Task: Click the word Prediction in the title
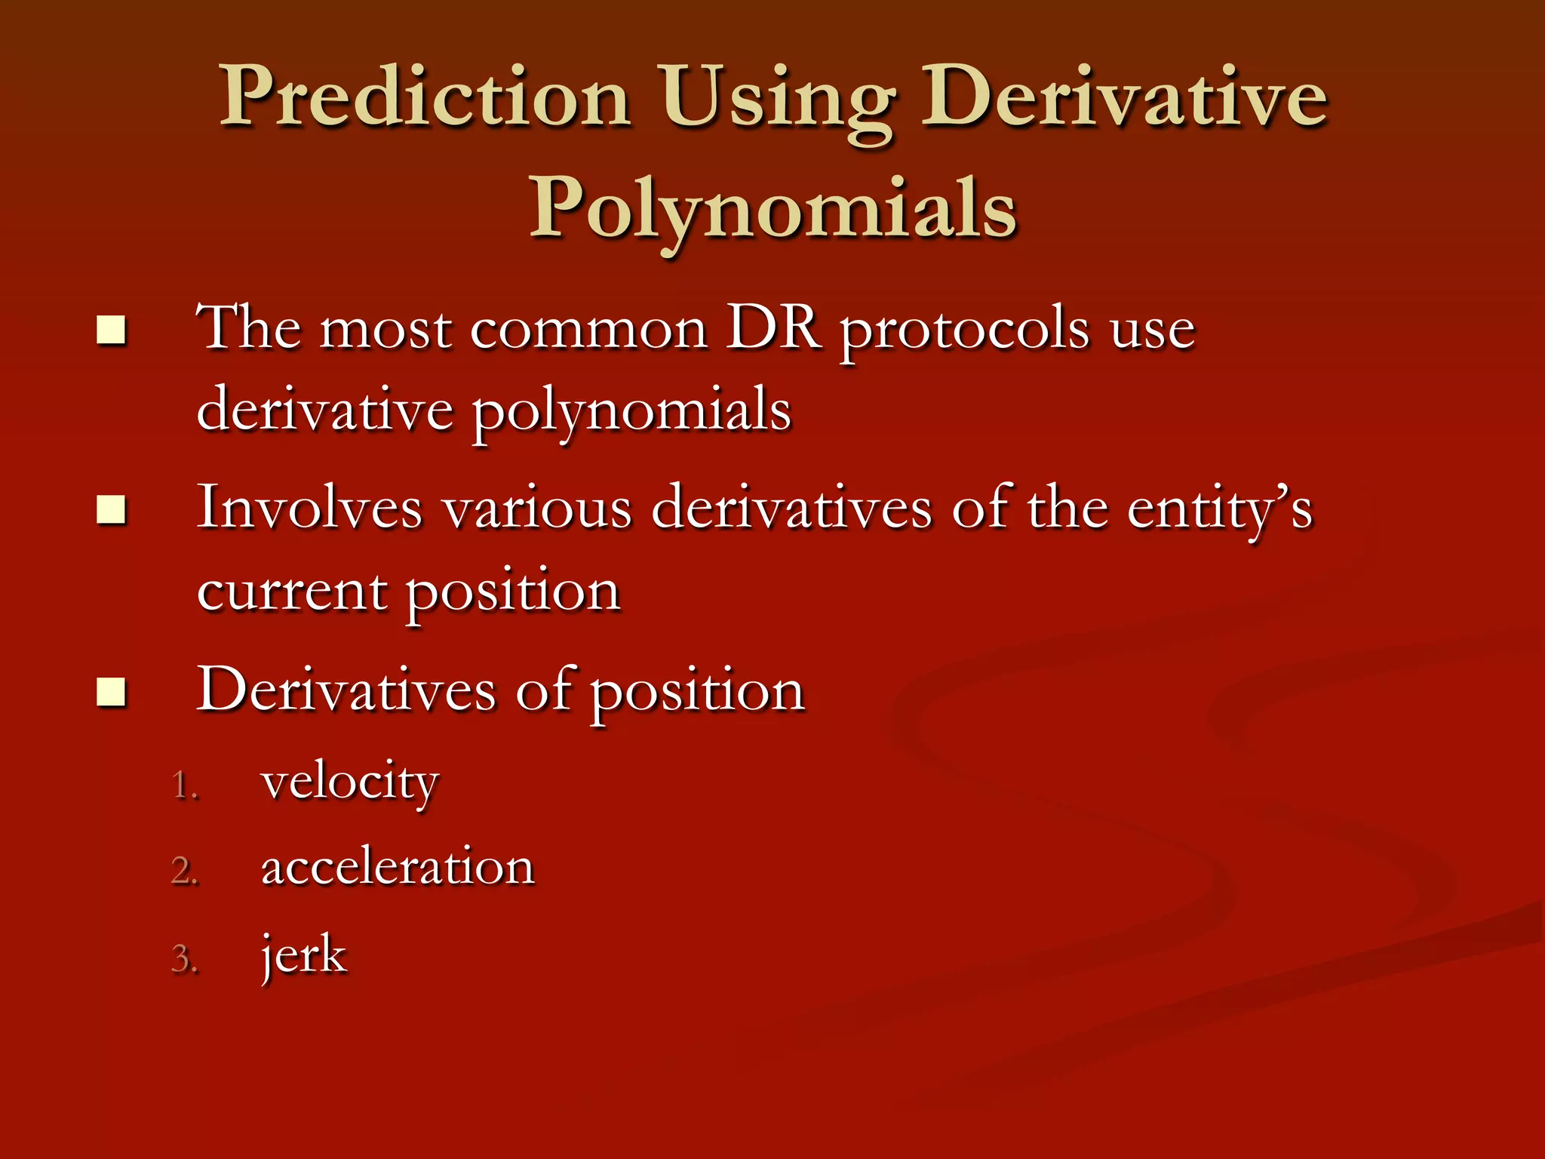(425, 98)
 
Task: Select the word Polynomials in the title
(772, 210)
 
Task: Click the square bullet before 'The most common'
(111, 330)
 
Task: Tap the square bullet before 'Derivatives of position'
(111, 692)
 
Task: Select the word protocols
(965, 332)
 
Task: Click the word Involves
(309, 509)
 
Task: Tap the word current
(292, 592)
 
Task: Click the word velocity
(349, 783)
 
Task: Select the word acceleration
(398, 868)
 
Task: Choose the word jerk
(303, 956)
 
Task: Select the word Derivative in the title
(1124, 98)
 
